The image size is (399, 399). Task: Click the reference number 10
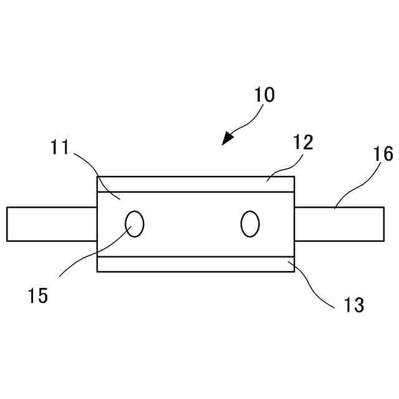264,95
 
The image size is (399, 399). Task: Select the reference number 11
60,148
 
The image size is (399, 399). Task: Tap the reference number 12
302,142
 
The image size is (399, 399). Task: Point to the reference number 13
353,305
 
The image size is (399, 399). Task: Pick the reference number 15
38,295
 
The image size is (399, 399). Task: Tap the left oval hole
135,223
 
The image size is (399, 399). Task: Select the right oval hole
250,224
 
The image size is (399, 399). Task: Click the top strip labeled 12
195,184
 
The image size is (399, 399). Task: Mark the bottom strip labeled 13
195,264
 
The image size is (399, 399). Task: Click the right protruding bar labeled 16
339,224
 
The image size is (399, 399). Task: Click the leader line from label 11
94,171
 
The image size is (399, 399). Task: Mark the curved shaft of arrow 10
249,123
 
